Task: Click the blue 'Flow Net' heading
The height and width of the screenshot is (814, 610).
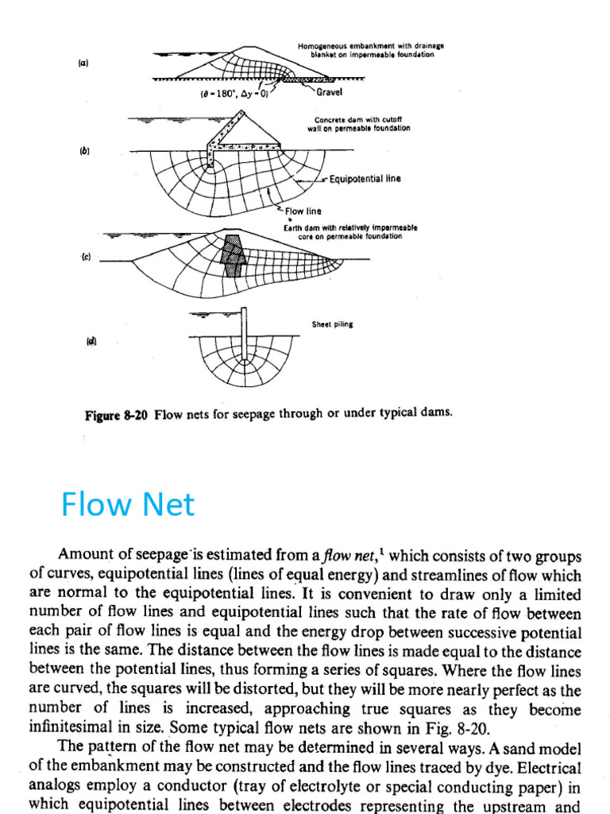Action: (128, 505)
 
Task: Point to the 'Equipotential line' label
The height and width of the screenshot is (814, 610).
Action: (365, 179)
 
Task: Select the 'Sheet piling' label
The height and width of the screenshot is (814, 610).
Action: (332, 324)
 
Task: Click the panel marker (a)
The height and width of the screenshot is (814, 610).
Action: (83, 62)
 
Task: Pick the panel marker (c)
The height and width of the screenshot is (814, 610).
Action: (84, 257)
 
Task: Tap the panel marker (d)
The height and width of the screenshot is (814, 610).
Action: (91, 342)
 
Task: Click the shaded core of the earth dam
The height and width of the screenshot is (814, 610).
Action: (233, 255)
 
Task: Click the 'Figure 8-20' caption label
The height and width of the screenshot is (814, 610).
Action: (117, 413)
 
